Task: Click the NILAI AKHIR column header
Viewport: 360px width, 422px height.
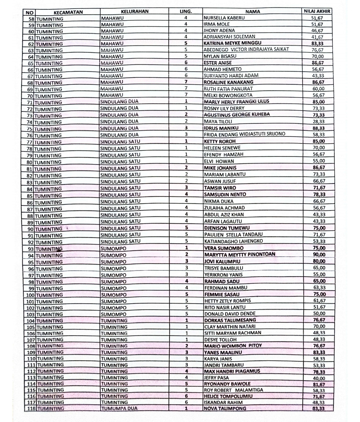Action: [317, 11]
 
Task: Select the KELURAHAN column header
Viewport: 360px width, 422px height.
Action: [135, 11]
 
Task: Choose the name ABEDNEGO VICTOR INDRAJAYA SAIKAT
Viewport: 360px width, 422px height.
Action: [246, 49]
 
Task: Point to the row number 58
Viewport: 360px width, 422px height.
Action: [32, 19]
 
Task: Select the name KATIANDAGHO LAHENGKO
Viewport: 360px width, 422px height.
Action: [233, 241]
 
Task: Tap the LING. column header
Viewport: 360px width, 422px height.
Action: [186, 11]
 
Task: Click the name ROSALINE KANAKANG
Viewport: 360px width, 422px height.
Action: [228, 82]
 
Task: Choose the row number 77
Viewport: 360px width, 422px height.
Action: [30, 142]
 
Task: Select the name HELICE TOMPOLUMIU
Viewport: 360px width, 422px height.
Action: [228, 396]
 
